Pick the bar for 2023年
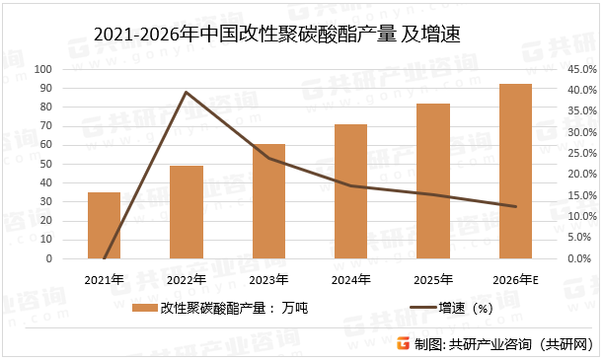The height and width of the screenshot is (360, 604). (x=268, y=201)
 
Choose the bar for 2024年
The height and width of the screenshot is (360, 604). (x=350, y=191)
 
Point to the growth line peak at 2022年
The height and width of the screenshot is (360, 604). (x=187, y=92)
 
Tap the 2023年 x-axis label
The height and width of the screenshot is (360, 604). (x=268, y=280)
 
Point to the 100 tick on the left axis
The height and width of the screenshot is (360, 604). (x=44, y=70)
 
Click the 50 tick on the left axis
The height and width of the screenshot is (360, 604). (x=47, y=165)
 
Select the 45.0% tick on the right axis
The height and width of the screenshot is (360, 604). (x=579, y=70)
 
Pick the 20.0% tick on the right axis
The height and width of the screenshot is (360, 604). (x=579, y=175)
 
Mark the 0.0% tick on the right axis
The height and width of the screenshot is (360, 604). (x=582, y=259)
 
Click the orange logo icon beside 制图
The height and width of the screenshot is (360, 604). (x=404, y=343)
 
